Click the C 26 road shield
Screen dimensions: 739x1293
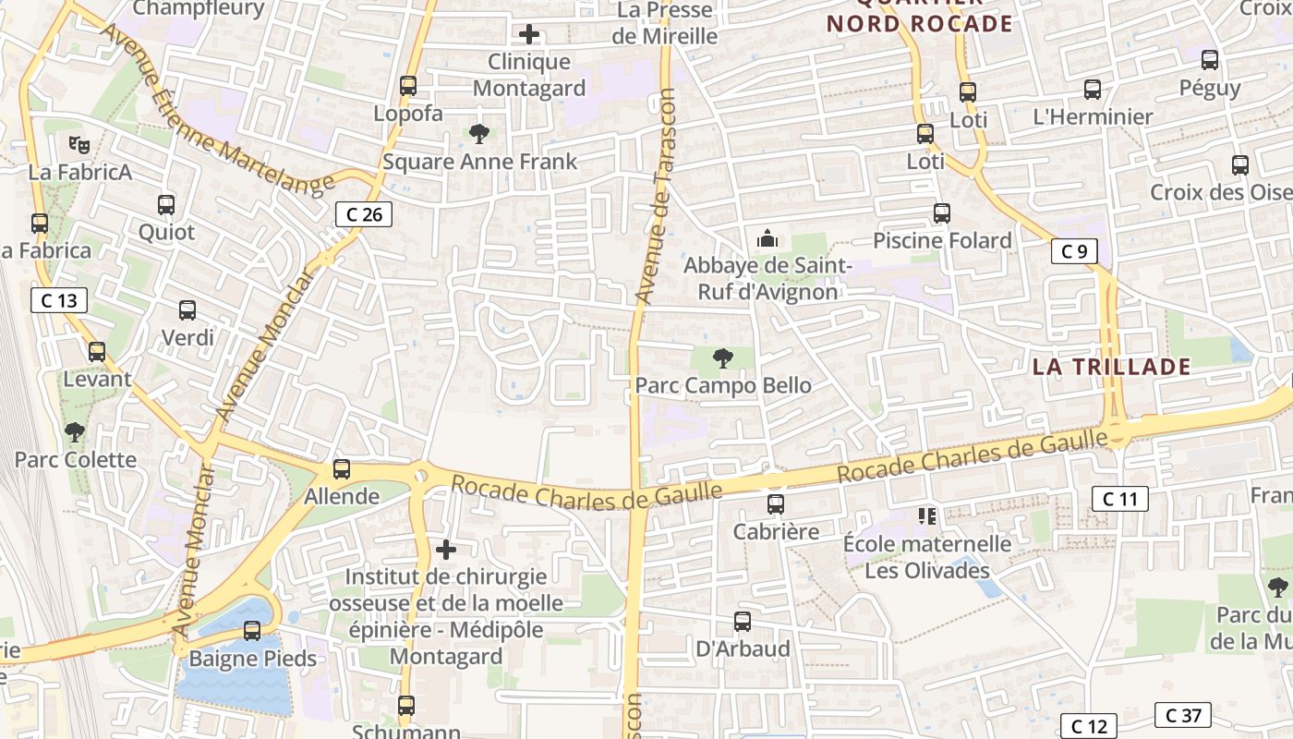tap(364, 214)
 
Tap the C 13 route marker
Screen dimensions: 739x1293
tap(59, 300)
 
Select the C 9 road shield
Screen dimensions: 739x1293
tap(1073, 250)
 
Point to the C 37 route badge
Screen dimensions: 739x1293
tap(1183, 715)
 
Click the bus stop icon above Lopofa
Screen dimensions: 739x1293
tap(408, 86)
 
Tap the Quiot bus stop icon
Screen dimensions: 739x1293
tap(166, 205)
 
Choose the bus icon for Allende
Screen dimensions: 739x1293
tap(342, 469)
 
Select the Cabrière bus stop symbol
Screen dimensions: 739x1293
tap(776, 504)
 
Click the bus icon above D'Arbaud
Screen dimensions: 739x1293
tap(743, 622)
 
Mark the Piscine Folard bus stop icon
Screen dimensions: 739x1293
tap(942, 213)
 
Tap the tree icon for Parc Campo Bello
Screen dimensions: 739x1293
tap(722, 357)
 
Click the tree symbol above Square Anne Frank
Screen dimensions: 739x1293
tap(479, 134)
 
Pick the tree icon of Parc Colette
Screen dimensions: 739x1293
tap(75, 431)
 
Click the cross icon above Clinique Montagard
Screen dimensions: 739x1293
tap(529, 35)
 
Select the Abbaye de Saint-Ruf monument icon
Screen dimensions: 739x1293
tap(767, 239)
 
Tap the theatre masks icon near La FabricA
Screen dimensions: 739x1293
tap(79, 144)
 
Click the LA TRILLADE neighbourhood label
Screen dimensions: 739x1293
tap(1110, 367)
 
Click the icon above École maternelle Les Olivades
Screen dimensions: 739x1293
tap(927, 515)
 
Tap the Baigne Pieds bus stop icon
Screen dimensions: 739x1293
tap(252, 631)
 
